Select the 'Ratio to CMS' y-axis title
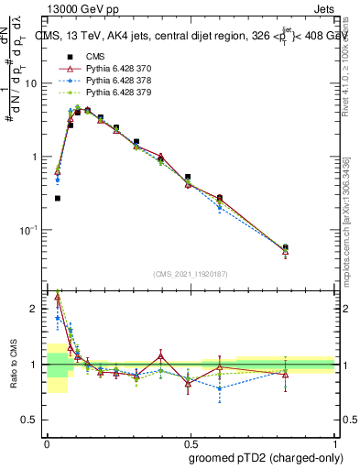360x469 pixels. click(14, 365)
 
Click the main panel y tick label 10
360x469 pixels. click(32, 83)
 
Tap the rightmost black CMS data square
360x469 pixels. click(286, 247)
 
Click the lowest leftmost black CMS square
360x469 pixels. click(57, 198)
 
